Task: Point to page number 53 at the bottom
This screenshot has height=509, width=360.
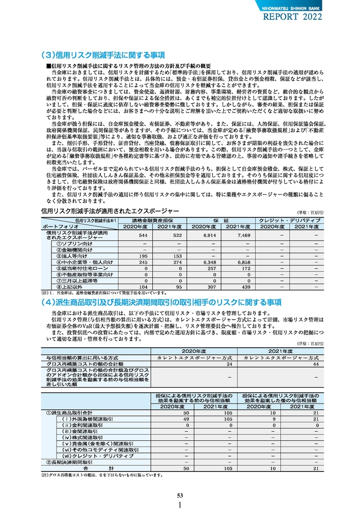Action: click(180, 496)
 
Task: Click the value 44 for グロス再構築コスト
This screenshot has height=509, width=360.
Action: click(316, 364)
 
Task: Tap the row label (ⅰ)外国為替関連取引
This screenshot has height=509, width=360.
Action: click(88, 418)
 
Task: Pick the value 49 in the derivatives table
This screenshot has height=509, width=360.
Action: click(186, 418)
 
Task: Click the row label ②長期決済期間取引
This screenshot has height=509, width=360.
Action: click(69, 462)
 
